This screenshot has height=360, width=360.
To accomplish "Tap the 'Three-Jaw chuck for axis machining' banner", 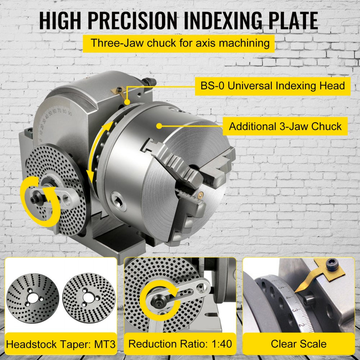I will pos(180,43).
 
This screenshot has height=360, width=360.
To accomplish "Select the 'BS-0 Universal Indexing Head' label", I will pos(273,86).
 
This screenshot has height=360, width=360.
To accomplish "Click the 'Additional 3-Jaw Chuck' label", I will pos(285,126).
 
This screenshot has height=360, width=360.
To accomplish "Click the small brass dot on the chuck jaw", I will pos(199,196).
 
